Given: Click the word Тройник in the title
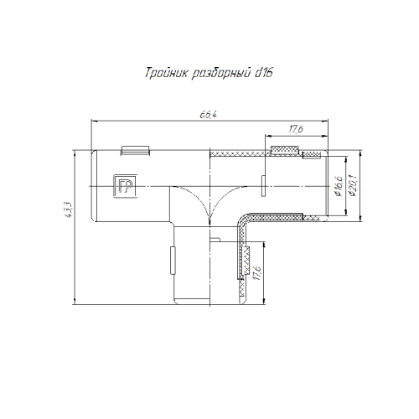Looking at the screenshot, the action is point(167,73).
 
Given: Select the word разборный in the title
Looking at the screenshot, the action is point(221,74).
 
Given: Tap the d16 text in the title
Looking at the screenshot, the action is point(263,73).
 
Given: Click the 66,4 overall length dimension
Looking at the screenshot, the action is point(208,115).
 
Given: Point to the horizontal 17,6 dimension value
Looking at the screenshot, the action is point(296,129).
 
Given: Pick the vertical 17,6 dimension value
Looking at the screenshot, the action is point(256,273).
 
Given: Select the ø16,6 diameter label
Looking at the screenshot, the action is point(339,186).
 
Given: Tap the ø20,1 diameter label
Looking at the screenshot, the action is point(353,186).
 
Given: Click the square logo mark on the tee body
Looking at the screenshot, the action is point(125,186).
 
